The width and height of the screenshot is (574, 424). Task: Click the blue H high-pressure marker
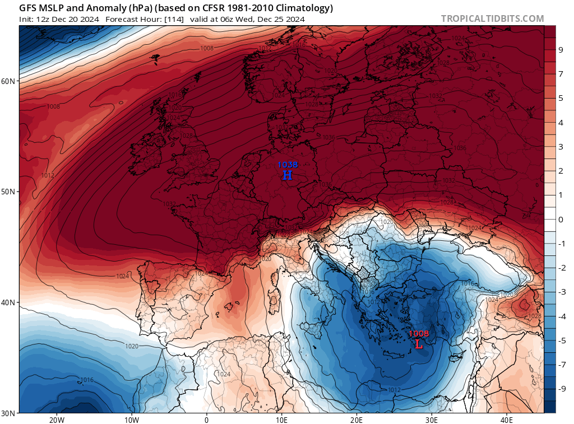pos(287,175)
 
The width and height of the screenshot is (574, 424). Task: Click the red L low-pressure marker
pos(418,344)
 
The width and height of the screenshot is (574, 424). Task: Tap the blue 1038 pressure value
pos(288,165)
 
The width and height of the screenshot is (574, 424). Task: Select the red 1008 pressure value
pos(419,334)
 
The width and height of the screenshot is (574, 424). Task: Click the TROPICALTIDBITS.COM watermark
pos(492,19)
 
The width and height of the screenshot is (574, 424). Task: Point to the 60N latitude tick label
pos(8,81)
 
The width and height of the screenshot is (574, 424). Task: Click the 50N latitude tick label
pos(8,192)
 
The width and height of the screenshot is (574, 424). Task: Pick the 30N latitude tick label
pos(8,413)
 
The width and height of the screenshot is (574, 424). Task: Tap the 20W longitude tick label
pos(56,420)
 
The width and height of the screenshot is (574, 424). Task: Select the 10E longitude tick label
pos(281,420)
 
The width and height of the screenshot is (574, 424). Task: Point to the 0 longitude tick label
pos(207,420)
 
